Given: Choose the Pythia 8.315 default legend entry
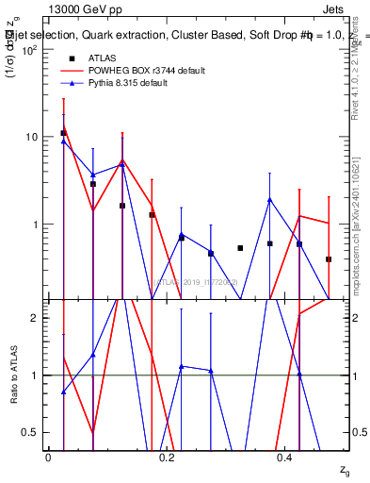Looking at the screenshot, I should (x=140, y=83).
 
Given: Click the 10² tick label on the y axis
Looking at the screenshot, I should (x=31, y=49).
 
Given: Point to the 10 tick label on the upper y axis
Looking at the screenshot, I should (x=33, y=137).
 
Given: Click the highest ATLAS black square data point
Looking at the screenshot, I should (x=63, y=133).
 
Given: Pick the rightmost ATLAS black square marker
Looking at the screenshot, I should (x=329, y=258).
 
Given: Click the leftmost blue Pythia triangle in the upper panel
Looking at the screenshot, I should (x=63, y=141).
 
